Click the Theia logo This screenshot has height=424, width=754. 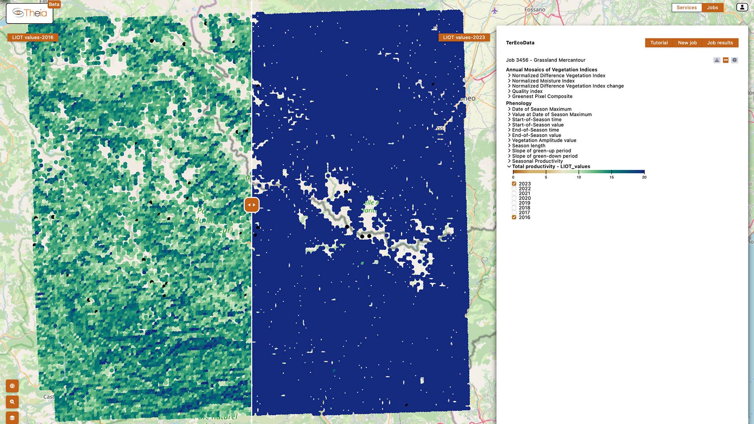pyautogui.click(x=29, y=13)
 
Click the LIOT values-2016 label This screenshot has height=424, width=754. pyautogui.click(x=33, y=37)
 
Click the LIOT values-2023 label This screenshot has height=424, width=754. pyautogui.click(x=464, y=37)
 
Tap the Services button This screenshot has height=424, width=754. pyautogui.click(x=686, y=7)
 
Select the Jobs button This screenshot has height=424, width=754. pyautogui.click(x=712, y=7)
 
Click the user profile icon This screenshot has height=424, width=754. pyautogui.click(x=742, y=7)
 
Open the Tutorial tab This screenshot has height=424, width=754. pyautogui.click(x=659, y=43)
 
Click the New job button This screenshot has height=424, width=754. pyautogui.click(x=687, y=43)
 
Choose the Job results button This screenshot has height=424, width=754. pyautogui.click(x=720, y=43)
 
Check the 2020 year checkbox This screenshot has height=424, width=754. pyautogui.click(x=514, y=198)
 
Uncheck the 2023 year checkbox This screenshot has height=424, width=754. pyautogui.click(x=514, y=184)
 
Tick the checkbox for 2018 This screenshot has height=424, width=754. pyautogui.click(x=514, y=208)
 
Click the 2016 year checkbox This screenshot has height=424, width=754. pyautogui.click(x=514, y=217)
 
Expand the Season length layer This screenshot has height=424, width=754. pyautogui.click(x=528, y=146)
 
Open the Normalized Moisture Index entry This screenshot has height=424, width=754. pyautogui.click(x=543, y=81)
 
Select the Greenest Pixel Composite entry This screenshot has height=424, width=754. pyautogui.click(x=542, y=96)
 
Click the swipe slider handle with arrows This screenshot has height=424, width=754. pyautogui.click(x=252, y=205)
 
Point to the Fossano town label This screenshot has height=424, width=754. pyautogui.click(x=534, y=9)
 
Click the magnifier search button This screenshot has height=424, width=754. pyautogui.click(x=12, y=402)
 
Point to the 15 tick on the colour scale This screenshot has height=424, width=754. pyautogui.click(x=611, y=177)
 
